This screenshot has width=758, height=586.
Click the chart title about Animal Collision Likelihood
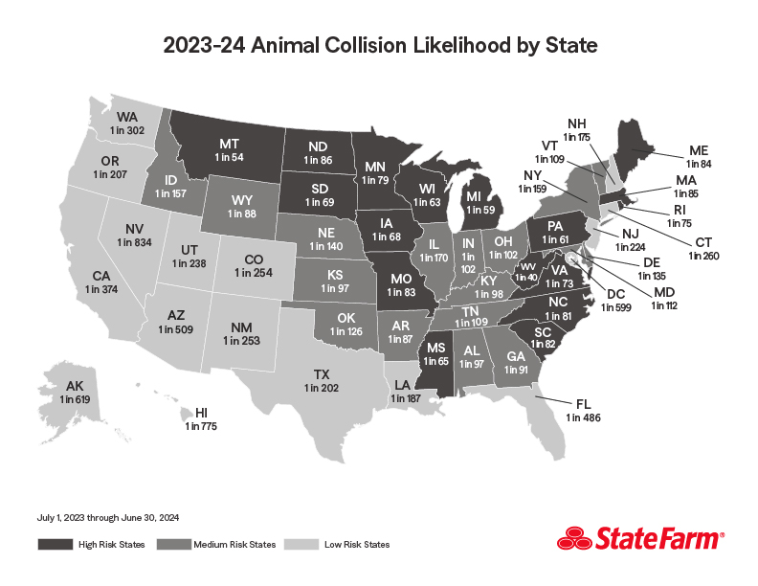pos(379,44)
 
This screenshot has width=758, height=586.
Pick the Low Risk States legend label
pos(357,545)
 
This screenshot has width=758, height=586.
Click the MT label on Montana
pos(230,140)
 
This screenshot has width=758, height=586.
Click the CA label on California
pos(102,276)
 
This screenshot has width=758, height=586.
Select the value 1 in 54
pos(230,155)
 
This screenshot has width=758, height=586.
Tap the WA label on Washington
pos(126,116)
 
